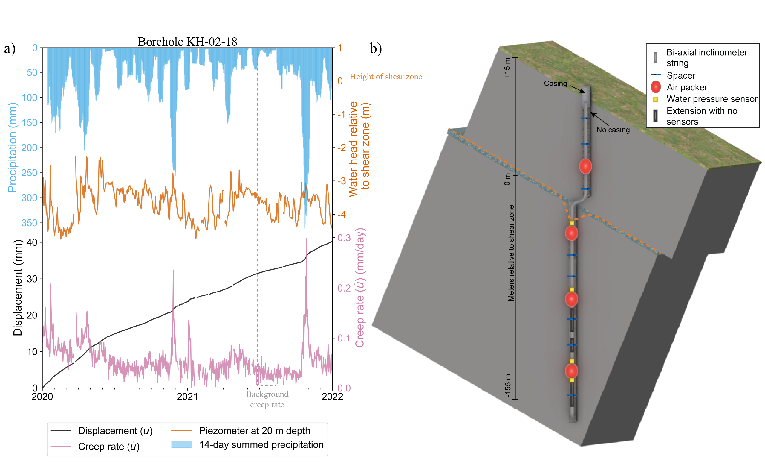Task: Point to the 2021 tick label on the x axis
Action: point(187,396)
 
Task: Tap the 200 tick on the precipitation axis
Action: point(29,148)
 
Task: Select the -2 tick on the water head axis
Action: point(342,148)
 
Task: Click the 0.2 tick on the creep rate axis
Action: point(344,288)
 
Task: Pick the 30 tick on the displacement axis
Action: point(32,279)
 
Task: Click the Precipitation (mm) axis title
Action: point(13,148)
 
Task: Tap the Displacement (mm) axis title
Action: point(18,288)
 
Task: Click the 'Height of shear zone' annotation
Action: point(385,77)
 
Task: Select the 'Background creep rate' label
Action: point(267,399)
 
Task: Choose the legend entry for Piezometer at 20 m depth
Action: point(254,431)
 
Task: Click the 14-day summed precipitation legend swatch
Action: point(181,444)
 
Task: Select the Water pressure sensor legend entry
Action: point(712,99)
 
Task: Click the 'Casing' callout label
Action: point(555,83)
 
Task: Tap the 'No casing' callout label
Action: point(613,130)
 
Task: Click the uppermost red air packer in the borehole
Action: point(585,166)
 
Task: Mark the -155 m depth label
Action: point(507,386)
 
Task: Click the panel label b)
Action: point(376,48)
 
